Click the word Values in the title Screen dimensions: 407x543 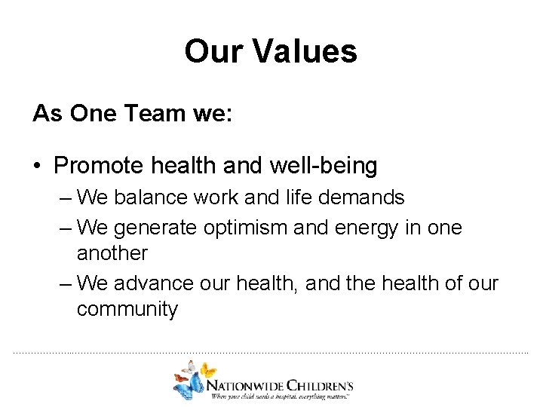(x=305, y=51)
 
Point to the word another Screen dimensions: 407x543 (x=112, y=253)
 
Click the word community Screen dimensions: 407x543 (x=127, y=310)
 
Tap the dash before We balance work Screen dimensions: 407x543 (x=65, y=198)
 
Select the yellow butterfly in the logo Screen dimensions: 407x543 (x=206, y=369)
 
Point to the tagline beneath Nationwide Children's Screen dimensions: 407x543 (x=281, y=394)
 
